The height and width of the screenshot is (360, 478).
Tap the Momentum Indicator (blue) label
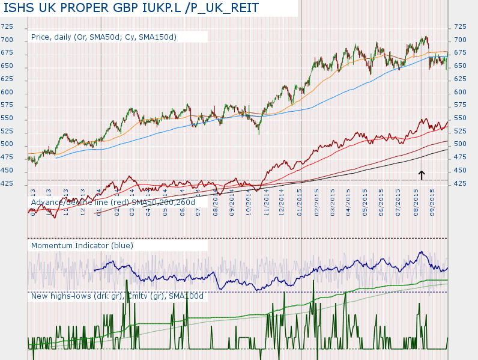point(82,245)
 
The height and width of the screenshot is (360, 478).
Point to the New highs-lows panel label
point(117,296)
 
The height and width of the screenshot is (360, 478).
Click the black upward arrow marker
point(422,174)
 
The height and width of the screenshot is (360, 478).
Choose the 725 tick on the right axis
point(461,27)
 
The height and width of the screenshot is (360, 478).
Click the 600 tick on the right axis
point(461,92)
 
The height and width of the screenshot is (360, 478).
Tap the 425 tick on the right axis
point(461,183)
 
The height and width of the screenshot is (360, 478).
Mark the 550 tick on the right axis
point(461,118)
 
